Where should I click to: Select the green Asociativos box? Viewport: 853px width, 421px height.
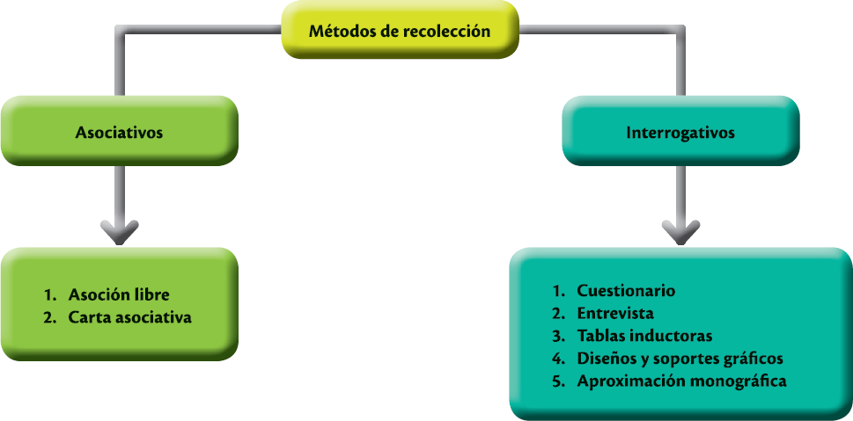click(120, 134)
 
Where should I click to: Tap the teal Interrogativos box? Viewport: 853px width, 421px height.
click(680, 134)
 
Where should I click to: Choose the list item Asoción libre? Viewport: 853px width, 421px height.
click(118, 294)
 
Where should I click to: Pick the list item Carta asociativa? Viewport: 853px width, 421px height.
click(129, 317)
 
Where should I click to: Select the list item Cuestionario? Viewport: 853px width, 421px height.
click(626, 290)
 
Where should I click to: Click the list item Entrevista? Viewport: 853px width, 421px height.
click(615, 313)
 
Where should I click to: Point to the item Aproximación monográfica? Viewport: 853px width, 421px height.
click(681, 381)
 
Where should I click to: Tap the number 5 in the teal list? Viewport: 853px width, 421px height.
click(556, 381)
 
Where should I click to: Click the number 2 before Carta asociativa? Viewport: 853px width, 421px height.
click(48, 317)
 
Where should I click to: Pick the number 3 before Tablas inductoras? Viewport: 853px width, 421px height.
click(556, 336)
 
